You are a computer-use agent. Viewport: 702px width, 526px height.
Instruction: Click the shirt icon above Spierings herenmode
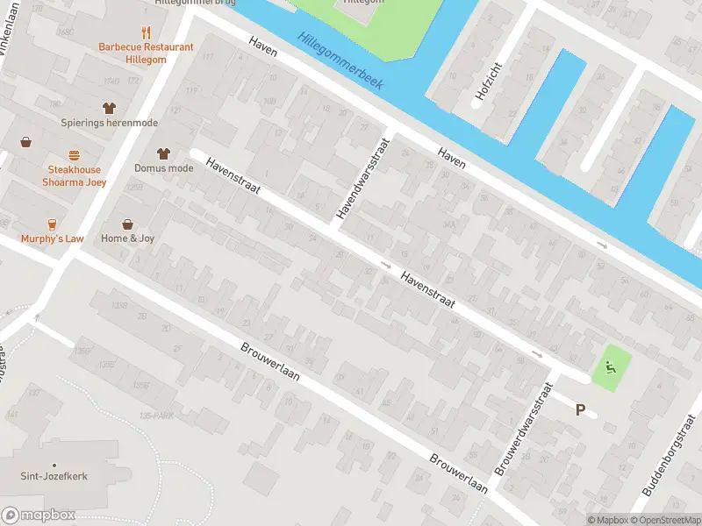[109, 108]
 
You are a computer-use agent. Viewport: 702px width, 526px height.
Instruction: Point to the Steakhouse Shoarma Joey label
[75, 176]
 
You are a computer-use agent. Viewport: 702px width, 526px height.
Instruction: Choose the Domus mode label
[164, 167]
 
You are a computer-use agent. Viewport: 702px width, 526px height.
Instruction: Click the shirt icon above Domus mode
[163, 153]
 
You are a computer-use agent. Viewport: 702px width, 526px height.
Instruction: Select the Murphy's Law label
[53, 238]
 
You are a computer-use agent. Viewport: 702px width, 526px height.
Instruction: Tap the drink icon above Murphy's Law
[53, 224]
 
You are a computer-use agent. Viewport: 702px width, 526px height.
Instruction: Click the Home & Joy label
[128, 238]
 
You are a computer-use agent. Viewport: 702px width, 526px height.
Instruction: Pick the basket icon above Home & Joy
[128, 224]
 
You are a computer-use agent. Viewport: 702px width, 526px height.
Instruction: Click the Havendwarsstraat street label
[362, 177]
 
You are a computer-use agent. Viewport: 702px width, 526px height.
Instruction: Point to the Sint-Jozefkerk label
[54, 477]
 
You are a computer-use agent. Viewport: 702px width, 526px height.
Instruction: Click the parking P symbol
[580, 409]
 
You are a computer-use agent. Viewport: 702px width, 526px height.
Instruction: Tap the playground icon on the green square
[611, 368]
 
